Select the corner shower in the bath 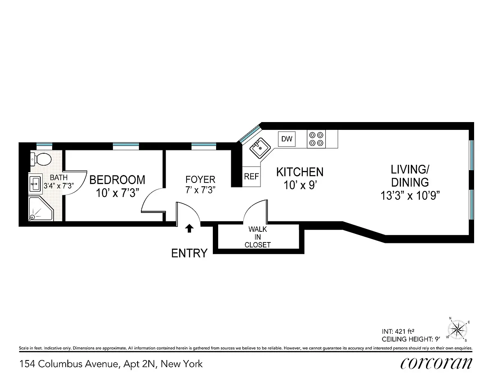(40, 210)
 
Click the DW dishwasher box (287, 139)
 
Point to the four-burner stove (316, 139)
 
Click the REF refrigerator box (251, 176)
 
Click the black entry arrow (189, 228)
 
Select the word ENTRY (189, 253)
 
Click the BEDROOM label (117, 180)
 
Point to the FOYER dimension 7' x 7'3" (200, 190)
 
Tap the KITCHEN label (299, 172)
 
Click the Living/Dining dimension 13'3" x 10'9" (410, 195)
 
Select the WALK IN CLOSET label (258, 237)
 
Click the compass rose (457, 328)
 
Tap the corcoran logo (435, 363)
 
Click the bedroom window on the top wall (126, 145)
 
